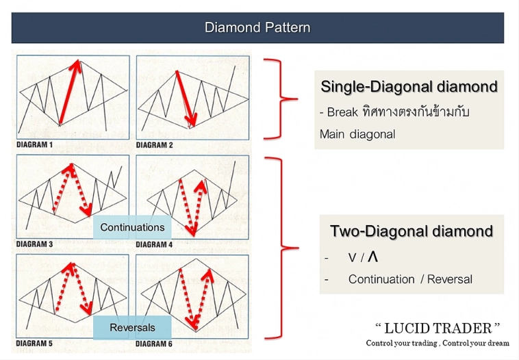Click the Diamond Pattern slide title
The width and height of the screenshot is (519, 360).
257,28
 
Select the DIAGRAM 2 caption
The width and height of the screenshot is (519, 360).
155,145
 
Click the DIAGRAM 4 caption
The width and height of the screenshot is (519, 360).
155,244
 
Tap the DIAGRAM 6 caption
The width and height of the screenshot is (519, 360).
155,343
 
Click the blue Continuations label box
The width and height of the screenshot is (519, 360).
132,227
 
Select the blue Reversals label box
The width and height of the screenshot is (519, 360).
132,328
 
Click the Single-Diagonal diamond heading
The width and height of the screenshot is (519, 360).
409,87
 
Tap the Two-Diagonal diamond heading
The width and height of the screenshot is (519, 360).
412,231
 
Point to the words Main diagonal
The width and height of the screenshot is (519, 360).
357,134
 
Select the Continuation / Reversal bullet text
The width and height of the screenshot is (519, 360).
410,279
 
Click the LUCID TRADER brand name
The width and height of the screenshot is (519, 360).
438,329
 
